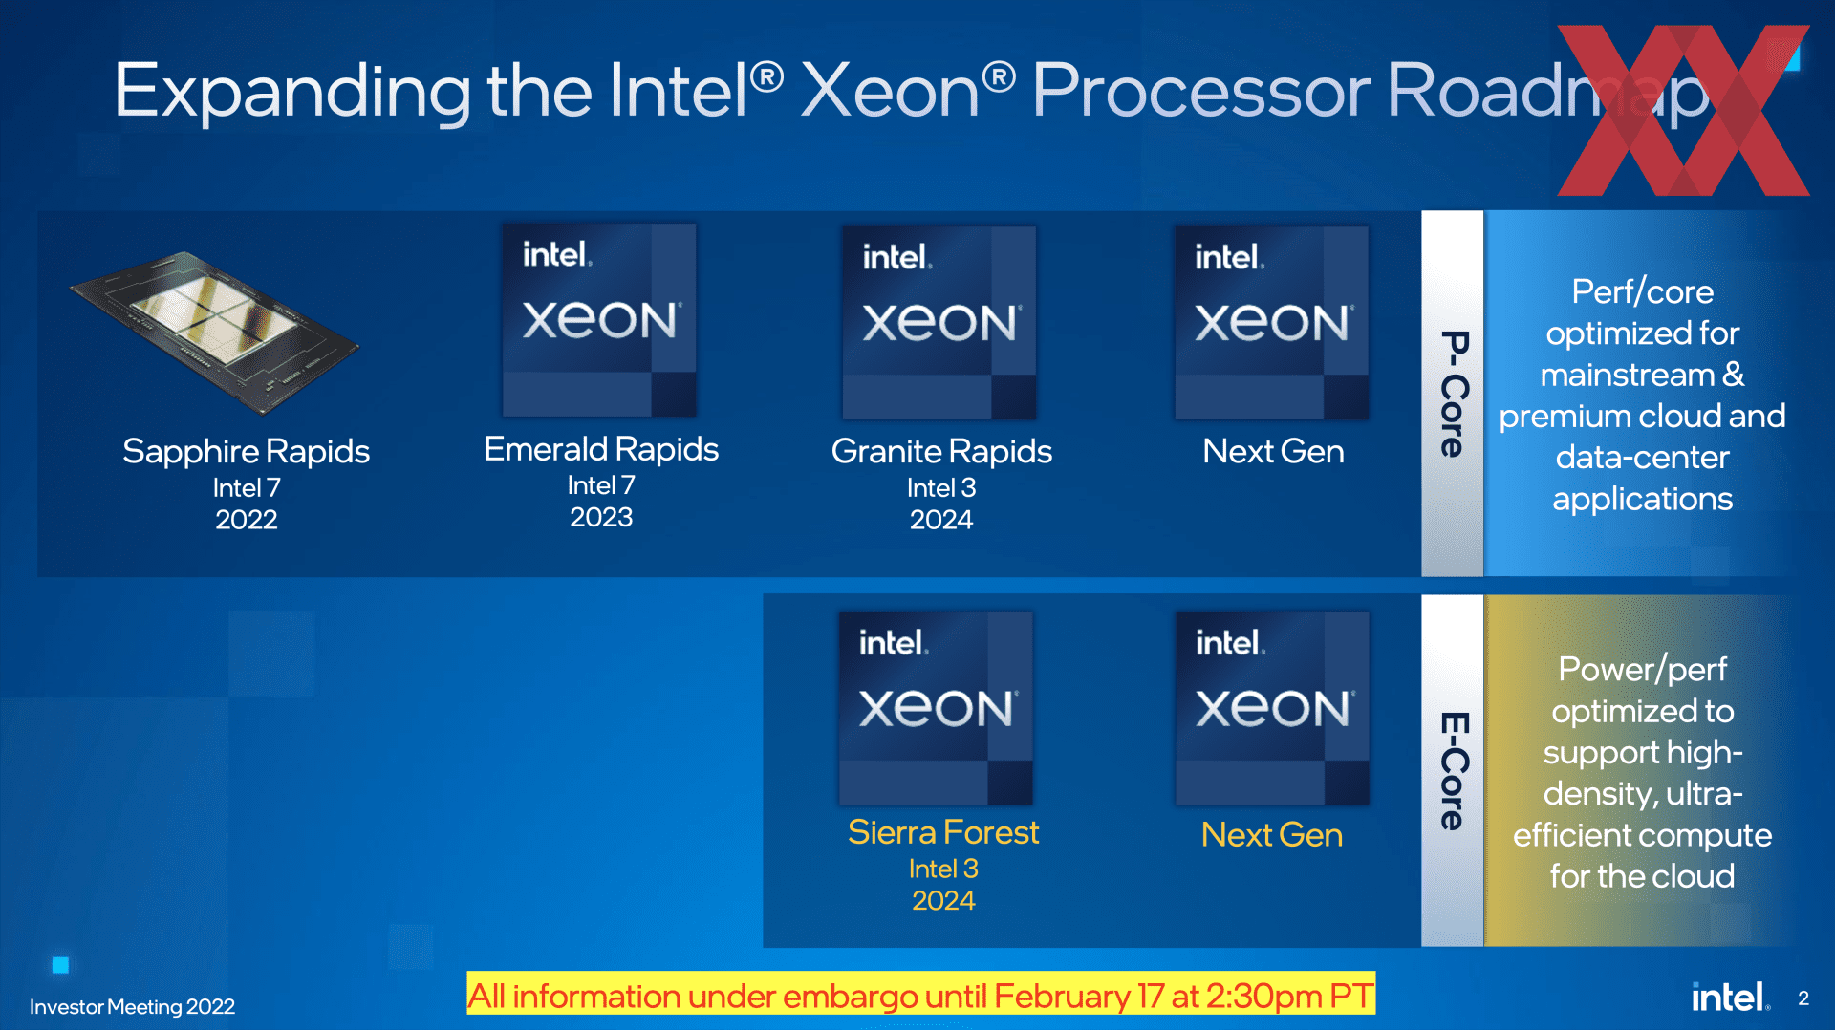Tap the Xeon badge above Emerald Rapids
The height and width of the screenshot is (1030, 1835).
(599, 320)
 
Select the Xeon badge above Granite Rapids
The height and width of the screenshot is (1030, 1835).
(939, 323)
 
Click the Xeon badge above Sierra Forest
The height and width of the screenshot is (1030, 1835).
(936, 709)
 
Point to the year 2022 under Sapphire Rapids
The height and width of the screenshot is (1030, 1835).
(247, 520)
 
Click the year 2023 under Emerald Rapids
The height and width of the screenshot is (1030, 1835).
(601, 517)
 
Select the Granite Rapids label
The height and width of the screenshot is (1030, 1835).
(941, 451)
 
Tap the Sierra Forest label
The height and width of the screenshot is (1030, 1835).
(943, 832)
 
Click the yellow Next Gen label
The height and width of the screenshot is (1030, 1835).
(1272, 835)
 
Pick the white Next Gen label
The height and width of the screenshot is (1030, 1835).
(1273, 451)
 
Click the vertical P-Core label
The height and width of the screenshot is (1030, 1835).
(1454, 394)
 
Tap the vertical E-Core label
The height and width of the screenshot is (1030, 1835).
(1454, 770)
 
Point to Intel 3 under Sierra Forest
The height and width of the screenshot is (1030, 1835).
(943, 869)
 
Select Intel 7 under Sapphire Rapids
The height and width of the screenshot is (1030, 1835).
(247, 487)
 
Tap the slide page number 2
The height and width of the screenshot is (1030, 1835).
(1803, 998)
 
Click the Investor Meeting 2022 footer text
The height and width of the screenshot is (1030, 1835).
(132, 1007)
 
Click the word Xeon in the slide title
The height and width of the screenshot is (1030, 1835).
(890, 91)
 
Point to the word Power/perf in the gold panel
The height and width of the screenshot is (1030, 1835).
(1642, 669)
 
